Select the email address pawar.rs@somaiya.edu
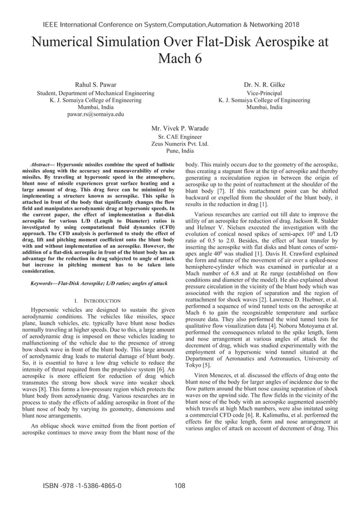click(x=95, y=114)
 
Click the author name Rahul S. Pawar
click(x=96, y=85)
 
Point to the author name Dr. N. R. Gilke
click(x=264, y=85)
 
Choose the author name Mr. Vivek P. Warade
click(x=180, y=128)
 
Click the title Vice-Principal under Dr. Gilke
click(x=264, y=93)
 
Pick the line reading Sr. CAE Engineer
click(x=180, y=137)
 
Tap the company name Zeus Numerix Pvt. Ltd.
click(x=180, y=144)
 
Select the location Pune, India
click(x=180, y=151)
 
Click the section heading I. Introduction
click(x=95, y=301)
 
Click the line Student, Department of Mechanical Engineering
click(x=95, y=93)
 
